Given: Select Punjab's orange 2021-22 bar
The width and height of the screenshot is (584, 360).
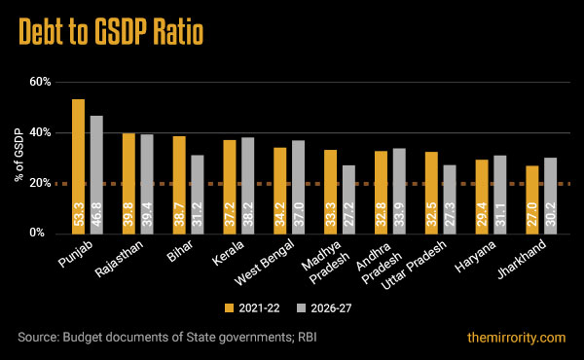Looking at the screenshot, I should (78, 165).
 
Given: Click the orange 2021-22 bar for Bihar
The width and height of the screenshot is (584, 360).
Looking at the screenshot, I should (179, 184).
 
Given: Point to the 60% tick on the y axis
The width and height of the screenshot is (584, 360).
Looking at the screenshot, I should (38, 82).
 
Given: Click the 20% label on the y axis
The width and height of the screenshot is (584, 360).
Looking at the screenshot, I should (38, 183).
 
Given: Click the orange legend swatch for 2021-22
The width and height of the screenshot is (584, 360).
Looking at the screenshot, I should (231, 307).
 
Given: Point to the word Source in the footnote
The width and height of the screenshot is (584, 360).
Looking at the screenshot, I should (38, 338).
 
